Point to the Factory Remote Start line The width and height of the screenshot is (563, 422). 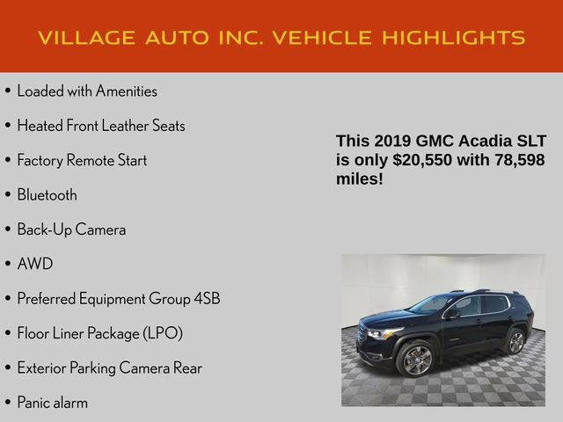[x=82, y=160]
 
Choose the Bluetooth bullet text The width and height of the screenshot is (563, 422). [x=47, y=195]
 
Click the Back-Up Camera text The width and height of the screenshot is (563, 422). [x=71, y=229]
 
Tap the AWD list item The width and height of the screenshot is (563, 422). [x=35, y=264]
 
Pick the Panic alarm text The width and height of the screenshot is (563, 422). [x=52, y=403]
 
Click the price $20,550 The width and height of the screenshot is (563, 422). [x=422, y=159]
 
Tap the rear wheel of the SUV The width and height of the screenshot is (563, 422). [x=516, y=342]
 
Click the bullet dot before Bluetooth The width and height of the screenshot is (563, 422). [x=8, y=195]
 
